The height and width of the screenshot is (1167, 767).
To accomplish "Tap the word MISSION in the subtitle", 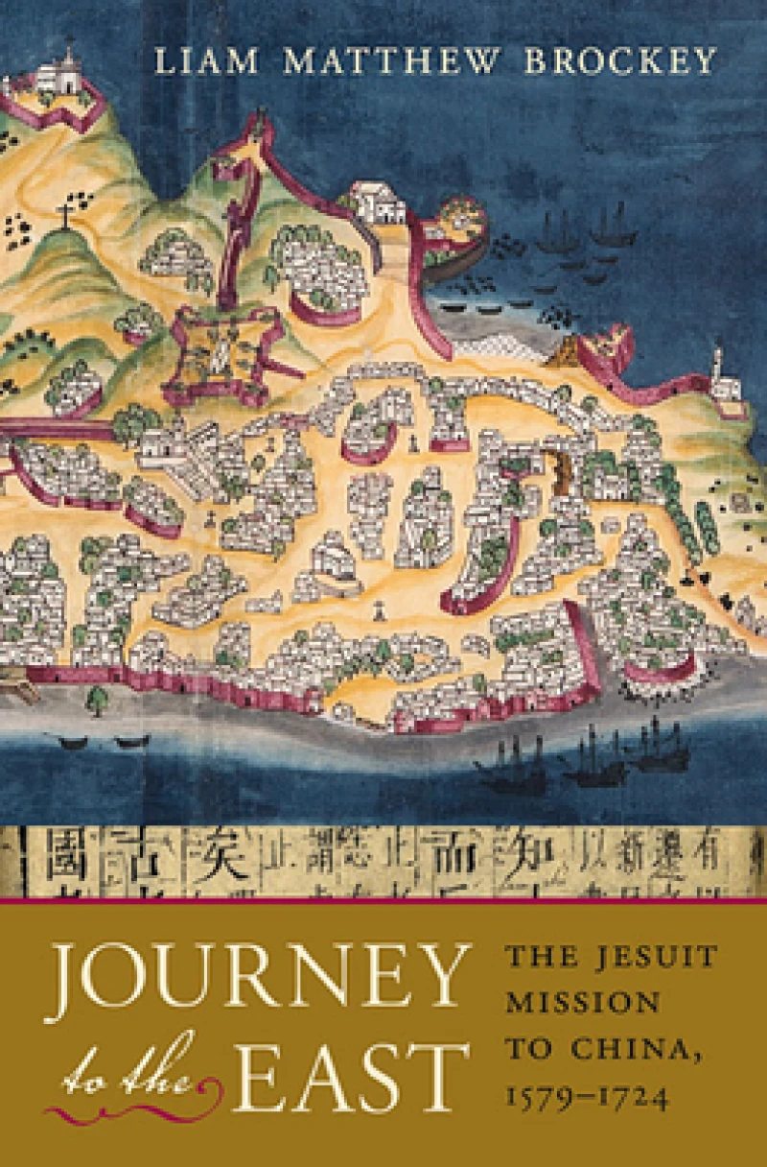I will pyautogui.click(x=583, y=1002).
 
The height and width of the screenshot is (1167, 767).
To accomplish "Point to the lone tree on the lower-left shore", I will pyautogui.click(x=97, y=698).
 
